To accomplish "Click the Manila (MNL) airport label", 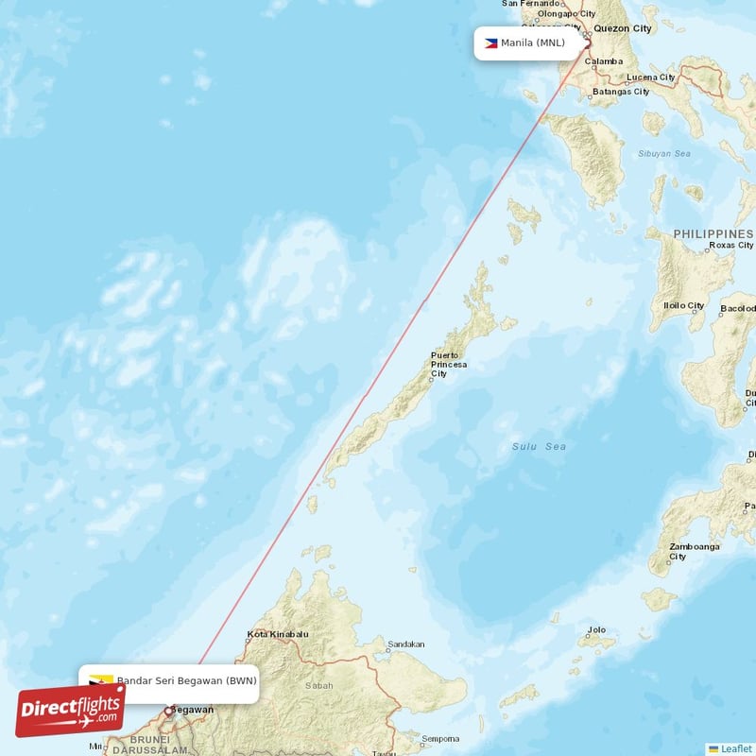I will tap(532, 43).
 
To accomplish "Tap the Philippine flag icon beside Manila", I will tap(491, 43).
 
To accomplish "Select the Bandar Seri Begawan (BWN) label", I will tap(186, 680).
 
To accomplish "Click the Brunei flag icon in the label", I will tap(102, 680).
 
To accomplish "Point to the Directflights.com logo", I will tap(70, 711).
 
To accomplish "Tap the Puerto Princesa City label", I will tap(448, 364).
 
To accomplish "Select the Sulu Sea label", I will tap(539, 446).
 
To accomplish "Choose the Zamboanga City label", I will tap(694, 551).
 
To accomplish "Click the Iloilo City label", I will tap(683, 305).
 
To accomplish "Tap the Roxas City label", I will tap(730, 246).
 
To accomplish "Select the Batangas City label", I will tap(620, 92).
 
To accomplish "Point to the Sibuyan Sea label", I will tap(663, 153).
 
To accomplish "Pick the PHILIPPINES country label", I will tap(713, 233).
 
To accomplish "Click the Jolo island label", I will tap(596, 628).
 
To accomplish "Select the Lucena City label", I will tap(651, 77).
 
